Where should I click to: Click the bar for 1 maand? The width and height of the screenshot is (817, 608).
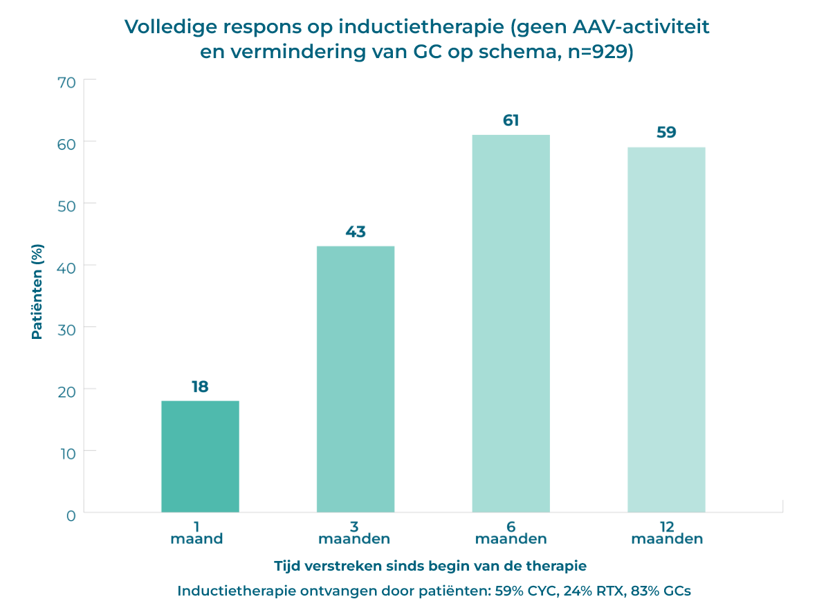coord(200,457)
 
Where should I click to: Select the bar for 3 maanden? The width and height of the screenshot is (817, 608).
coord(356,379)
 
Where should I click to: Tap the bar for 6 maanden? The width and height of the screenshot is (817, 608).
coord(511,323)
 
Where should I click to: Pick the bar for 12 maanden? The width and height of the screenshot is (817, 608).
coord(666,329)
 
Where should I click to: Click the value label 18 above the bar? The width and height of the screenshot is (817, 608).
coord(200,387)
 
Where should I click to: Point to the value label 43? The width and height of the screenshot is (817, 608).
coord(356,232)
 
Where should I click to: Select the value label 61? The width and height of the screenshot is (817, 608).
coord(511,120)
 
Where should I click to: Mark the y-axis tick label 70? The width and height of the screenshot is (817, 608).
coord(66,82)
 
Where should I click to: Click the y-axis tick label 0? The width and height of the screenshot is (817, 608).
coord(71,515)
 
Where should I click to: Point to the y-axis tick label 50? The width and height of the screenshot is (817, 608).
coord(66,204)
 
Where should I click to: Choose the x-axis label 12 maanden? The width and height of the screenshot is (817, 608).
coord(667,532)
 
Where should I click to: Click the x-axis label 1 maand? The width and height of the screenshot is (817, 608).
coord(196,532)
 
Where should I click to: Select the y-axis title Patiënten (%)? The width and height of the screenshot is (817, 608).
coord(37,291)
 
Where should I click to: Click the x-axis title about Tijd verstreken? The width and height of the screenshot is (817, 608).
coord(430,566)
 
